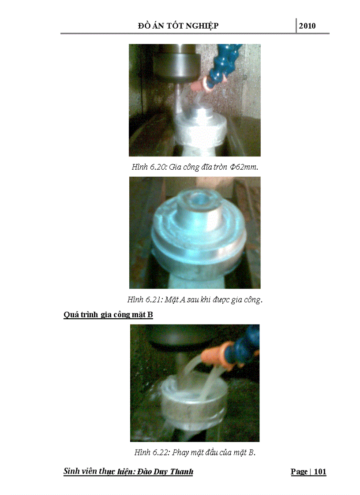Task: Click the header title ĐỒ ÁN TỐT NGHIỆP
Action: click(x=178, y=26)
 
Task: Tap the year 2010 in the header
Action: click(x=307, y=26)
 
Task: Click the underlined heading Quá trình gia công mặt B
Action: click(x=108, y=315)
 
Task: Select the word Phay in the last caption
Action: click(x=180, y=453)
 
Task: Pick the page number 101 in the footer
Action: click(x=320, y=472)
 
